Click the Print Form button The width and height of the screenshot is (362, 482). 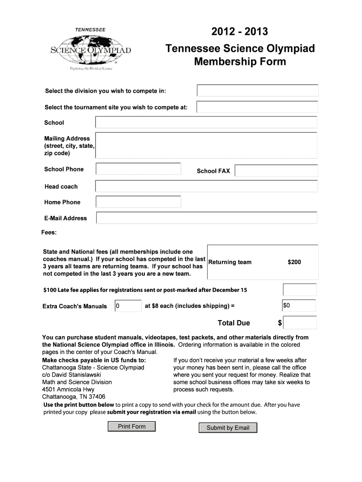pyautogui.click(x=132, y=427)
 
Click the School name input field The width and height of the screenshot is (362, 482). pyautogui.click(x=206, y=122)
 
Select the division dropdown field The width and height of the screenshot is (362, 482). pyautogui.click(x=258, y=90)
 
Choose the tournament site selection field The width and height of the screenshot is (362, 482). pyautogui.click(x=257, y=107)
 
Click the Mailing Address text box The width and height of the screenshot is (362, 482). pyautogui.click(x=206, y=145)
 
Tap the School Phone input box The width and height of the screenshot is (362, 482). pyautogui.click(x=138, y=169)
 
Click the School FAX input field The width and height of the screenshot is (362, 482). pyautogui.click(x=276, y=170)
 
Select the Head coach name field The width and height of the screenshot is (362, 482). pyautogui.click(x=206, y=186)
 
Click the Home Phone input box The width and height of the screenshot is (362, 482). pyautogui.click(x=138, y=202)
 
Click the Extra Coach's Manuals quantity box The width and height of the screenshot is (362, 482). pyautogui.click(x=128, y=306)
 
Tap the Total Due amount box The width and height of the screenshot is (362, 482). pyautogui.click(x=300, y=322)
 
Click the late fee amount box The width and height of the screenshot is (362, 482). pyautogui.click(x=299, y=289)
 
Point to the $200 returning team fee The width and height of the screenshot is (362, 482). pyautogui.click(x=294, y=262)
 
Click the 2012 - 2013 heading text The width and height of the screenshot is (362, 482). pyautogui.click(x=239, y=32)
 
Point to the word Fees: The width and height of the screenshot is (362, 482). pyautogui.click(x=49, y=233)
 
